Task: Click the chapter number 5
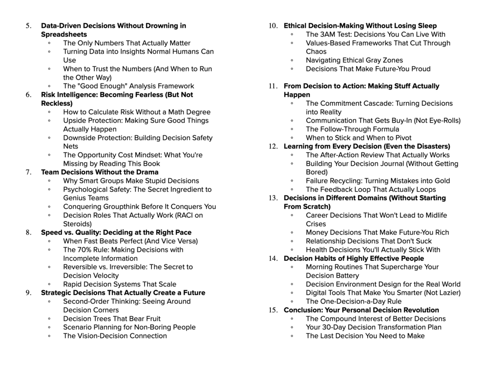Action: [28, 26]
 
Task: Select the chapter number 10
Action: [273, 26]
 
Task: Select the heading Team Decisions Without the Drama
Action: [100, 172]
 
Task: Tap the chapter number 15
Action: [273, 310]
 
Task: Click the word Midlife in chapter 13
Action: [432, 215]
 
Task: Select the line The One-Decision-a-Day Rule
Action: [354, 302]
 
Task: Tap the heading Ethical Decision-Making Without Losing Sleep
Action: [360, 26]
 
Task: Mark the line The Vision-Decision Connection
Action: [115, 336]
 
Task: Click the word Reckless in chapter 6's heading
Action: [55, 103]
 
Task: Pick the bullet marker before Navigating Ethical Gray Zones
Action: [292, 60]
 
